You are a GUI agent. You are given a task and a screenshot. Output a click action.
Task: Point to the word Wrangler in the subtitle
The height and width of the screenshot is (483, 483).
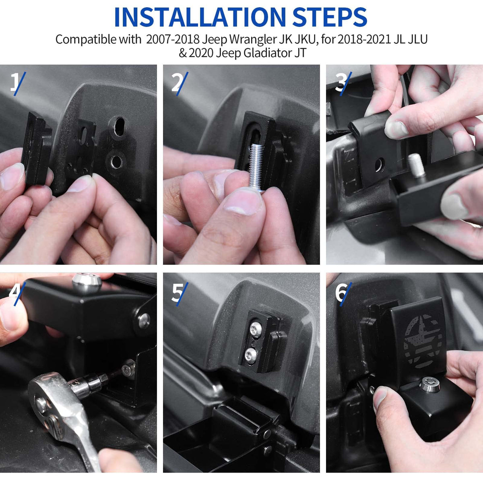point(254,40)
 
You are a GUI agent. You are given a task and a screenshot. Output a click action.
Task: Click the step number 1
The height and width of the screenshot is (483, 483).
point(14,83)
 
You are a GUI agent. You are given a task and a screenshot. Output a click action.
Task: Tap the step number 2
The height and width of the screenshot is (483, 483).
point(177,83)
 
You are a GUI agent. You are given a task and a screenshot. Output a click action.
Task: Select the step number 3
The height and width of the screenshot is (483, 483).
point(341,83)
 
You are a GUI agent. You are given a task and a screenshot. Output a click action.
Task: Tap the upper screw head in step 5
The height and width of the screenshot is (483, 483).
point(256,328)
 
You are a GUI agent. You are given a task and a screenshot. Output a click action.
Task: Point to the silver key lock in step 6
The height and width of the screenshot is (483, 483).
point(429,384)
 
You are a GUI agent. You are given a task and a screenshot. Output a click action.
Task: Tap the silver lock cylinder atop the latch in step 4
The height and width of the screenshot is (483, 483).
point(87,282)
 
